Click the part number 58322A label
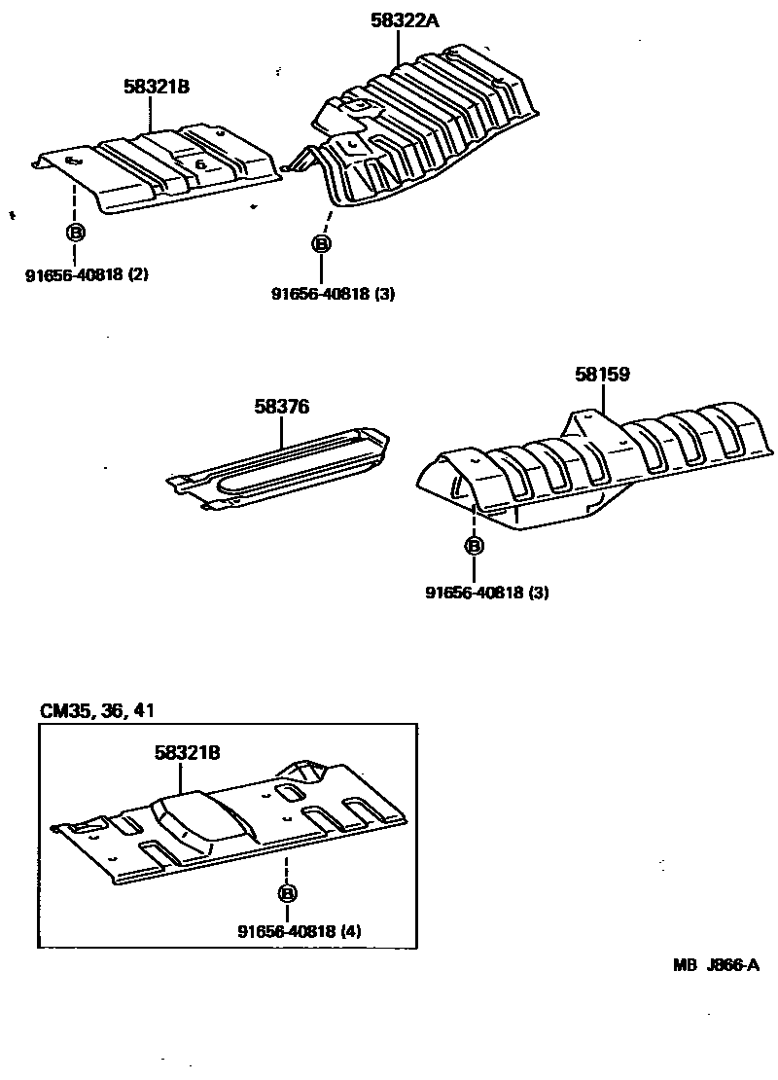point(405,18)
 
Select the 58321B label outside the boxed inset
point(156,87)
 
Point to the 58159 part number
point(602,374)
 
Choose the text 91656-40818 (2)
point(87,274)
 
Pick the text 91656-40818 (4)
point(299,931)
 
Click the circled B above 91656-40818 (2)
point(75,232)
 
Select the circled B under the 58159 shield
point(474,546)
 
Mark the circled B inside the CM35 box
point(287,893)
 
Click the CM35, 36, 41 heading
point(97,710)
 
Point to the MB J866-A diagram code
point(715,965)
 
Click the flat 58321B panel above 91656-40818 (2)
point(160,165)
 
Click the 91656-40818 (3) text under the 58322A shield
point(334,293)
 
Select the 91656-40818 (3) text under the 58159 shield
point(486,592)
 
